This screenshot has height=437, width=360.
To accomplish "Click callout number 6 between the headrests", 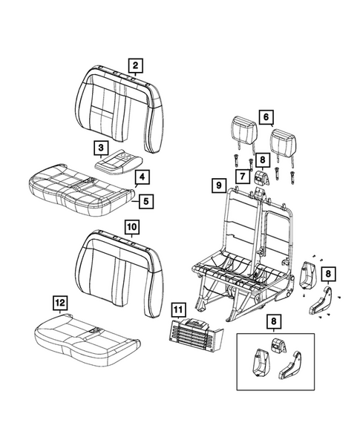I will click(266, 116).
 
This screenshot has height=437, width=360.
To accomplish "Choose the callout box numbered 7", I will click(242, 175).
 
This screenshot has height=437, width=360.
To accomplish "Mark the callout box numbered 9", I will click(219, 184).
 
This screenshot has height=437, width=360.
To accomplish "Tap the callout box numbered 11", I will click(178, 309).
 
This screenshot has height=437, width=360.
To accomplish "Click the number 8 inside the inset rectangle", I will click(275, 321).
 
